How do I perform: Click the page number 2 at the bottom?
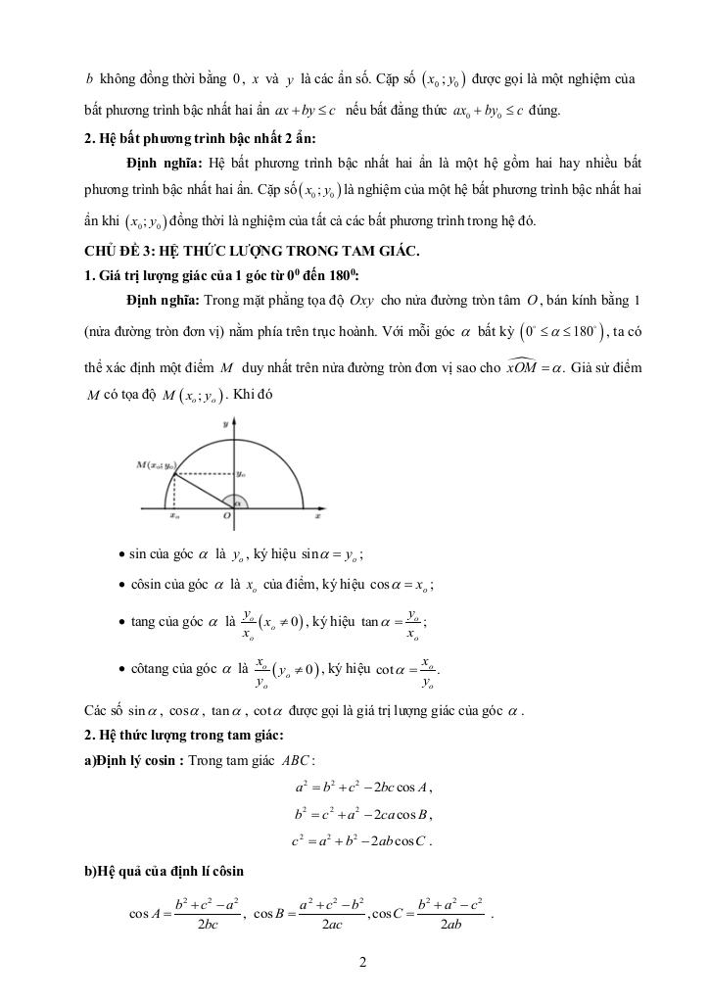[x=362, y=961]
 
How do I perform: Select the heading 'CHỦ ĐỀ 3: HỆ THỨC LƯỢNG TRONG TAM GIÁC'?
[x=253, y=251]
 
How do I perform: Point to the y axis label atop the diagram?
[x=226, y=424]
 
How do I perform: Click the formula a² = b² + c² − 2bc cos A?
[x=363, y=788]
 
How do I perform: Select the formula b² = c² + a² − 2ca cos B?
[x=363, y=813]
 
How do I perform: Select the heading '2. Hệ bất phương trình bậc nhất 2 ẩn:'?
[x=185, y=137]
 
